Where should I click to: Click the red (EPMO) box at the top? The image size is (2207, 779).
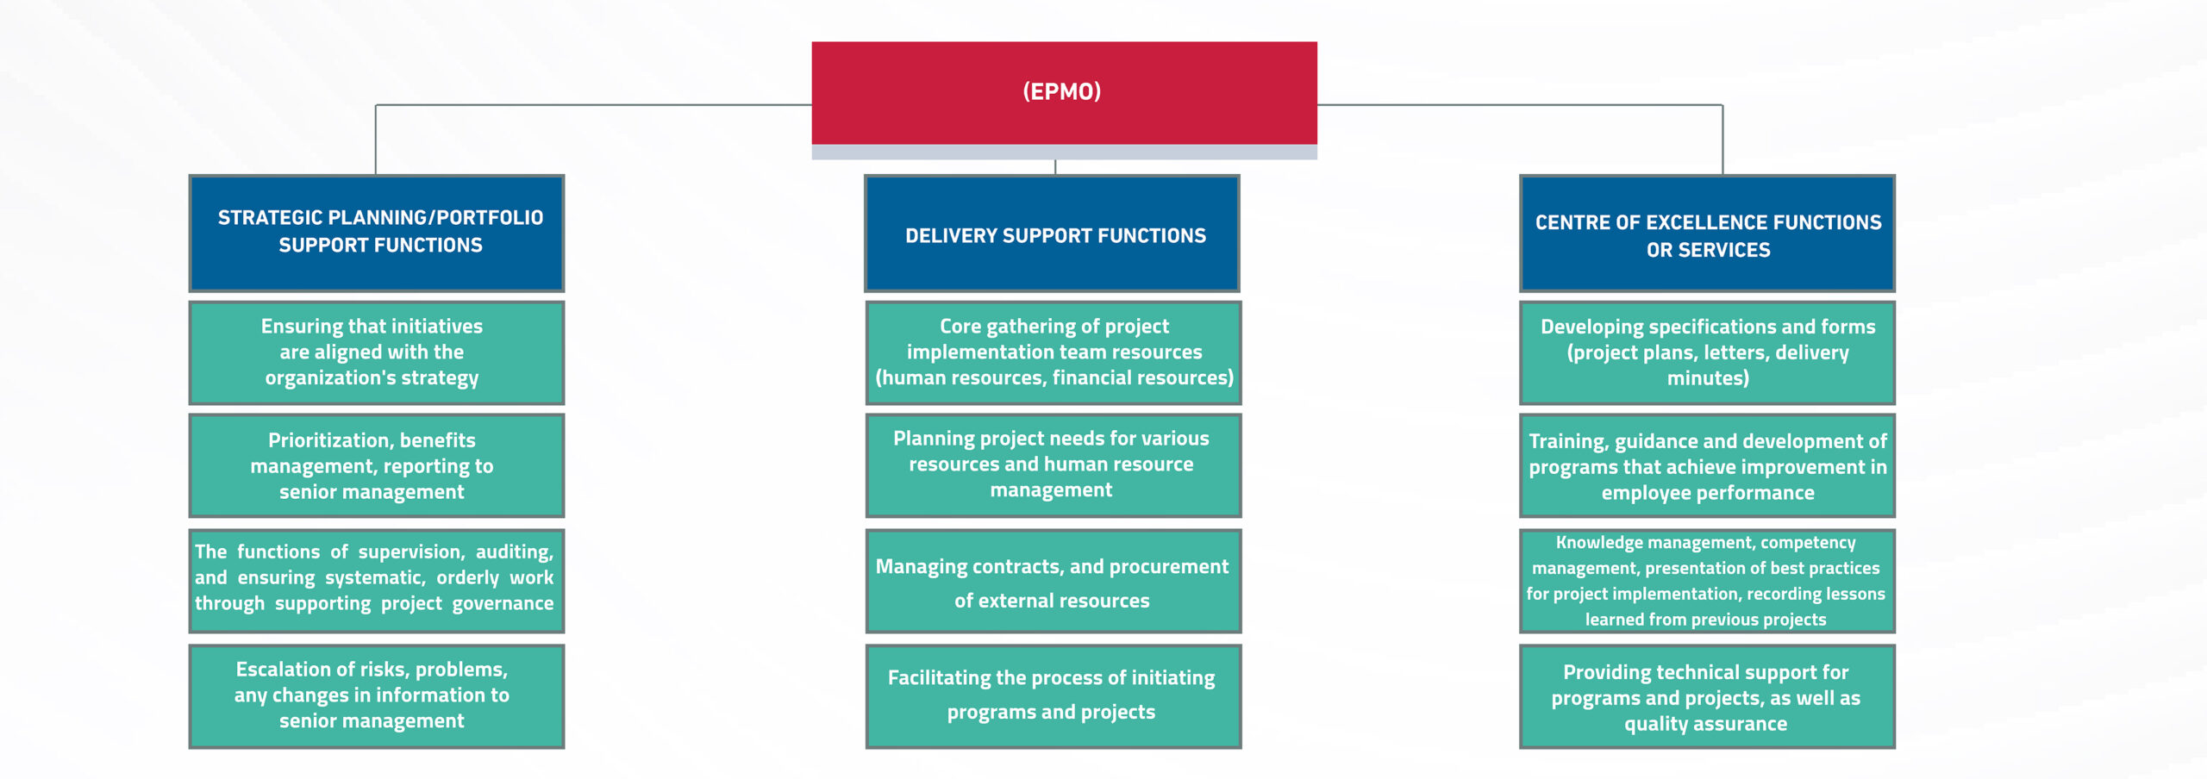click(1064, 93)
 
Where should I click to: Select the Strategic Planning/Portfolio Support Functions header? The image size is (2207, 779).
click(377, 233)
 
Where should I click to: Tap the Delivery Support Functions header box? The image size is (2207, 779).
click(1052, 233)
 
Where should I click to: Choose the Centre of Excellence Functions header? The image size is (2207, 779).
click(1707, 233)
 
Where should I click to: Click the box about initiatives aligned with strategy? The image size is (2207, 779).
click(377, 352)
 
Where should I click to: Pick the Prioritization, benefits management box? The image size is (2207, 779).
click(377, 465)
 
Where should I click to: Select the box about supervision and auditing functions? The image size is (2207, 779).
click(377, 581)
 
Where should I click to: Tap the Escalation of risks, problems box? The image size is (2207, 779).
click(377, 696)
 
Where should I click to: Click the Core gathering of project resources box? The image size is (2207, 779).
click(1053, 352)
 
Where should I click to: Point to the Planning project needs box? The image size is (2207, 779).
click(1053, 465)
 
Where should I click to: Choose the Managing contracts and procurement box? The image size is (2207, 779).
click(1053, 581)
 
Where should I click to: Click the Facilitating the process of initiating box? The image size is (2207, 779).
click(1053, 696)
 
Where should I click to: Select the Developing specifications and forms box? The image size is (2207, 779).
click(1707, 352)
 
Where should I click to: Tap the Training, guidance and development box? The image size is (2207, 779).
click(1707, 465)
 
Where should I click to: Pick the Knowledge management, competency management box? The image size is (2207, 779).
click(1707, 581)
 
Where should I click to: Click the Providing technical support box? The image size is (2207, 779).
click(1707, 696)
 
